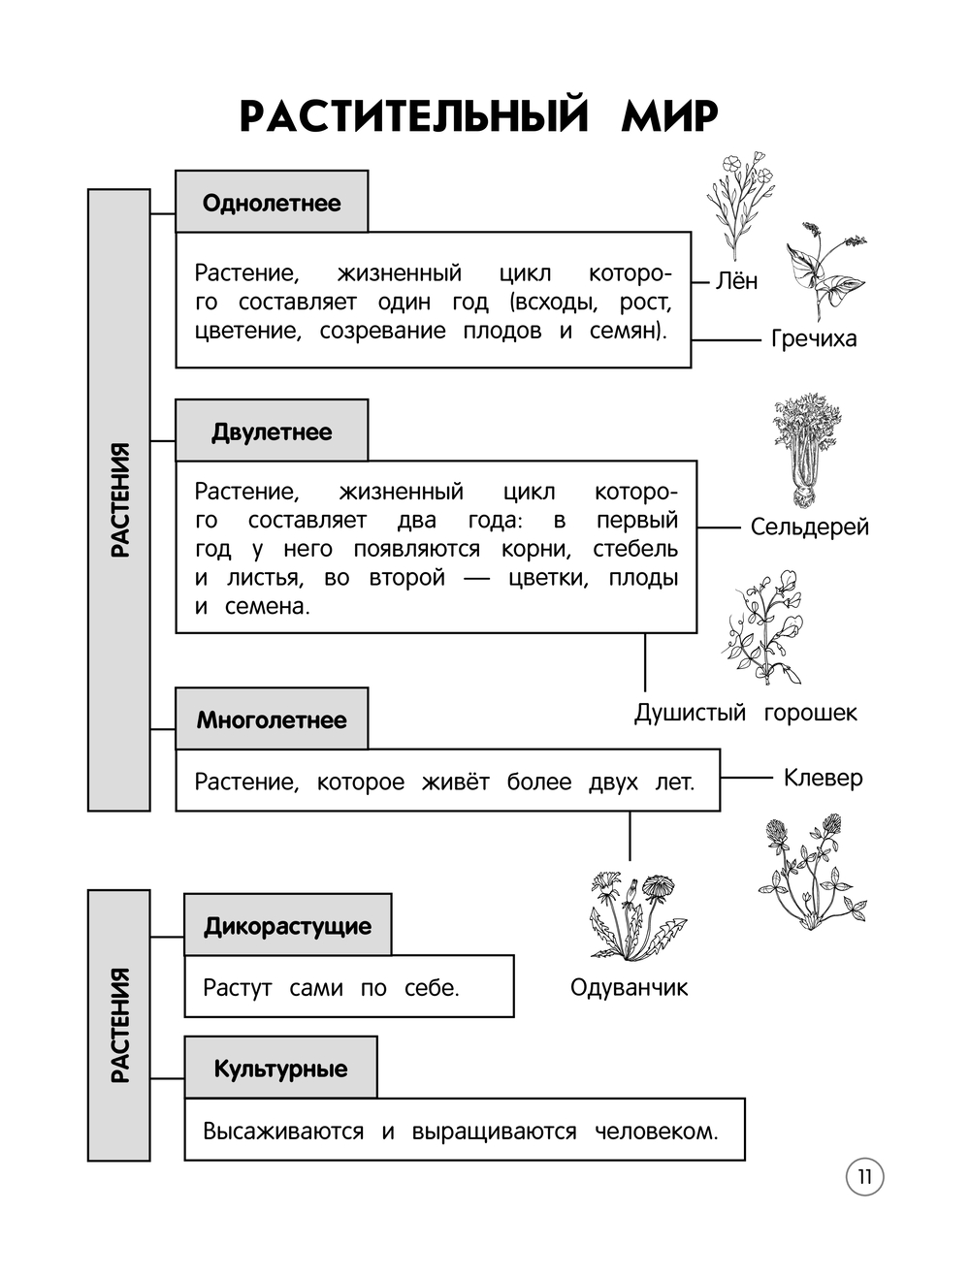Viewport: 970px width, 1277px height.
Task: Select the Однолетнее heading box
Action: pyautogui.click(x=272, y=203)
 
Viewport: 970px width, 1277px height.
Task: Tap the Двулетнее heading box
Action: pyautogui.click(x=272, y=431)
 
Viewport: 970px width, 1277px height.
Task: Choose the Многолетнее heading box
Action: pyautogui.click(x=272, y=719)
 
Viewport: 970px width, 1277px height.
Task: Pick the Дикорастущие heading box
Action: pyautogui.click(x=287, y=926)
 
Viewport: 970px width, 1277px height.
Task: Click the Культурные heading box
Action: pyautogui.click(x=280, y=1069)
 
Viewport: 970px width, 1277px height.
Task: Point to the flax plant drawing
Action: pyautogui.click(x=739, y=204)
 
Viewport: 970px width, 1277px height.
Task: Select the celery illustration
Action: pyautogui.click(x=807, y=450)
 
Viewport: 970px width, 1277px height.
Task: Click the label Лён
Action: pyautogui.click(x=736, y=281)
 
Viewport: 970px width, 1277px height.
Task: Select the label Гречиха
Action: pyautogui.click(x=814, y=338)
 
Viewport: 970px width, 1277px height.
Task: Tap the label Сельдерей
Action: pyautogui.click(x=809, y=527)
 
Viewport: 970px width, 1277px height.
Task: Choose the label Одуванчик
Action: pyautogui.click(x=629, y=988)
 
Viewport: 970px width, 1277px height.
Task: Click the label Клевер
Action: pyautogui.click(x=823, y=778)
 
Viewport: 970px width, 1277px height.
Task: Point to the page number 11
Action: pyautogui.click(x=864, y=1177)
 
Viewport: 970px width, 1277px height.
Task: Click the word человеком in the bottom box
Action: pyautogui.click(x=656, y=1132)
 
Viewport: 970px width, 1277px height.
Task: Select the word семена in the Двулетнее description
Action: pyautogui.click(x=267, y=607)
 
